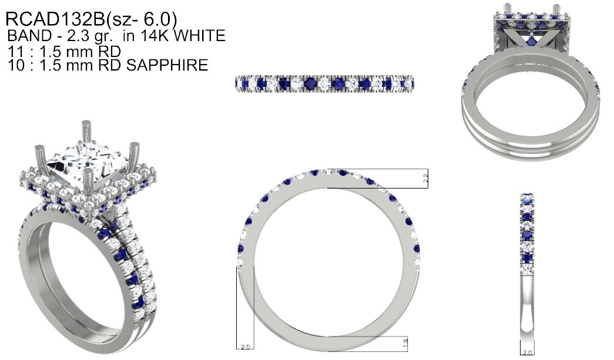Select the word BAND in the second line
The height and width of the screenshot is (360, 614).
point(30,36)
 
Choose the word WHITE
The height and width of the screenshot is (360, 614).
point(199,36)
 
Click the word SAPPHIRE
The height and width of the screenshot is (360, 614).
point(167,65)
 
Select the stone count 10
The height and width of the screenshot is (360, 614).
point(16,65)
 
